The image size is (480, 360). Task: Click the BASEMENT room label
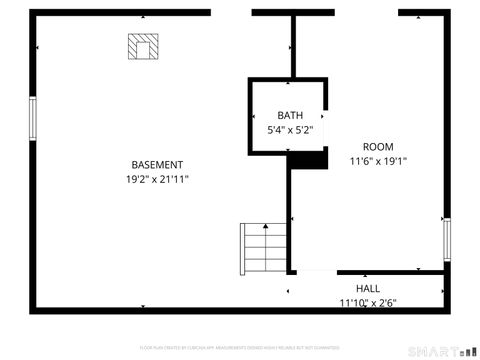coord(157,165)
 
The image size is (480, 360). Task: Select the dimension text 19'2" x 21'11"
coord(157,179)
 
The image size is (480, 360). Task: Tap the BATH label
coord(290,116)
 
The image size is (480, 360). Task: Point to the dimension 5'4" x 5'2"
coord(290,130)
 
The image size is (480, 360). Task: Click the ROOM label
coord(378,147)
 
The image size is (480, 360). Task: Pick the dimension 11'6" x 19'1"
coord(378,161)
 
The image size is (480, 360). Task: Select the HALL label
coord(367,289)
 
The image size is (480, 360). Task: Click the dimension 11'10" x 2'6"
coord(367,303)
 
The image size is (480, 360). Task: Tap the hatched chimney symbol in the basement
coord(143,47)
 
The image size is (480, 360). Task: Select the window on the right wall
coord(447,241)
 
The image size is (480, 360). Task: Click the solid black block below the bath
coord(308,158)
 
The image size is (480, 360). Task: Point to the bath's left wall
coord(250,115)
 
